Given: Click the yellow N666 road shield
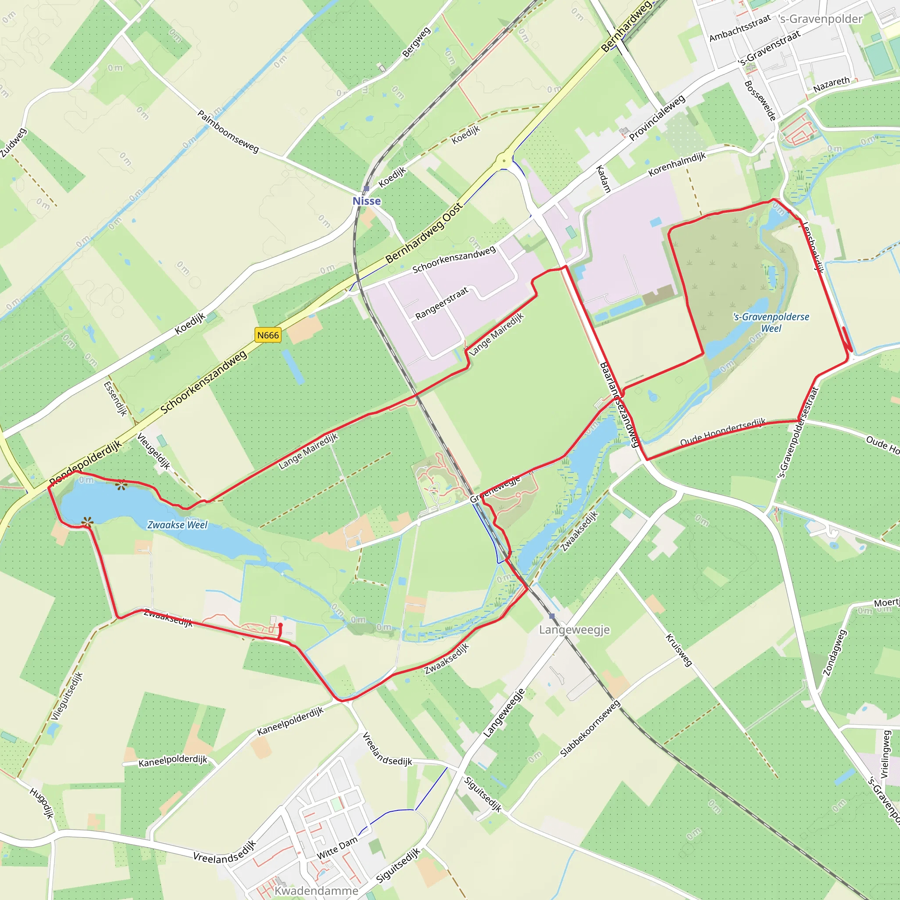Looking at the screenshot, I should point(268,335).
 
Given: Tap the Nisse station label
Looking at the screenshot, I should point(367,201).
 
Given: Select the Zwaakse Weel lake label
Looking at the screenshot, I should point(178,525).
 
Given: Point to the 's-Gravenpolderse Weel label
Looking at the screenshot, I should point(771,323).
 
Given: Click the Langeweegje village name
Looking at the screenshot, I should point(574,630).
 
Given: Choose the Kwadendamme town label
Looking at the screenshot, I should point(316,890).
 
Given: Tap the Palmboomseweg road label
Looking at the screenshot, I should point(228,131).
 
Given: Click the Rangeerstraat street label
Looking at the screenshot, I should point(441,303).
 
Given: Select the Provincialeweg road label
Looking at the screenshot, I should point(657,117).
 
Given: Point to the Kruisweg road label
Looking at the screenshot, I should point(678,650).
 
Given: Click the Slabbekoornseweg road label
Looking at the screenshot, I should point(590,729).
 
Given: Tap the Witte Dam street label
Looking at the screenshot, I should point(337,847).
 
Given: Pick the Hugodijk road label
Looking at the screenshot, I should point(42,802).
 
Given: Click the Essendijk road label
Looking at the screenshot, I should point(115,398).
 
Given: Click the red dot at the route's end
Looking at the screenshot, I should point(280,625).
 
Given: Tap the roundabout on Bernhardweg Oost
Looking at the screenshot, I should point(504,161).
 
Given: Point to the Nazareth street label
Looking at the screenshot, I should point(831,84).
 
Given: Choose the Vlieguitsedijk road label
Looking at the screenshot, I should point(67,696).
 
